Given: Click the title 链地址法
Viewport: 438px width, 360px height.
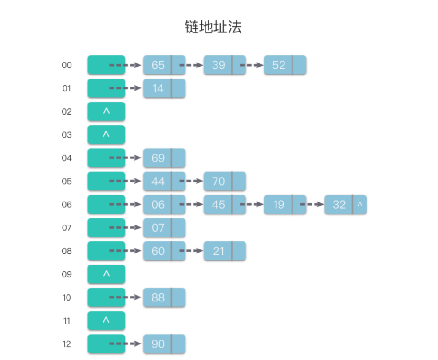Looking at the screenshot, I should click(213, 27).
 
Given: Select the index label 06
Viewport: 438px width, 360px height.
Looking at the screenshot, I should click(67, 205).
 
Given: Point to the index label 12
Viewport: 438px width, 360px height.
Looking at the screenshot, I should click(67, 344).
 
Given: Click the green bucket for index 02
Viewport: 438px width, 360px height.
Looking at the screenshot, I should click(106, 111).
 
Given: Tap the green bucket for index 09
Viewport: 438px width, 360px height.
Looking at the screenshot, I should click(106, 274).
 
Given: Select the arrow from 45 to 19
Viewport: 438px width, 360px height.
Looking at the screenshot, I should click(251, 205).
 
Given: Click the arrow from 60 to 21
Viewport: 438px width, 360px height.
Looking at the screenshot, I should click(191, 251).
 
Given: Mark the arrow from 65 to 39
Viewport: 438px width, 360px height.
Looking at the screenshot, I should click(191, 65).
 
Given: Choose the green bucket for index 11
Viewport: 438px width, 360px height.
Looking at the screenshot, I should click(106, 320).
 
